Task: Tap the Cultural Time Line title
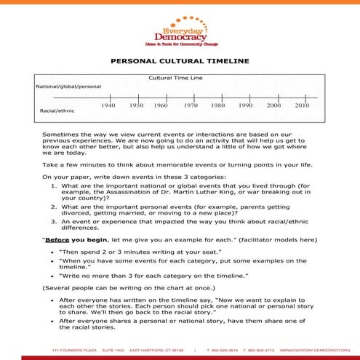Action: coord(175,78)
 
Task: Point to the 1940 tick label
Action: coord(108,106)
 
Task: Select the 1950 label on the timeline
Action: coord(136,106)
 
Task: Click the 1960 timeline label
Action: coord(161,106)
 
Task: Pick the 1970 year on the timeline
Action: coord(191,106)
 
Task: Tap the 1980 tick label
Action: coord(217,106)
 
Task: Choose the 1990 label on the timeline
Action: coord(245,106)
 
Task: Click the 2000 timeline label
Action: coord(273,106)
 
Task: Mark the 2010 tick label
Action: coord(302,106)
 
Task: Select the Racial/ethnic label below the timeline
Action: coord(56,111)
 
